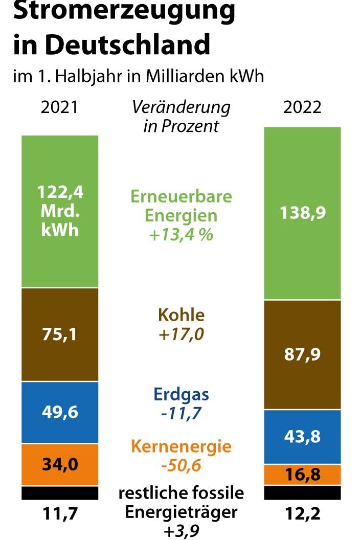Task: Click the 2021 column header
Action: click(60, 108)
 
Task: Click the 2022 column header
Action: click(302, 108)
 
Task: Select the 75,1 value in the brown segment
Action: click(60, 334)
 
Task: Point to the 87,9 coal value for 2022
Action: click(302, 354)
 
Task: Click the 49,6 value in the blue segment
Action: click(60, 412)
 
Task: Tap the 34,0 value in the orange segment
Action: click(60, 464)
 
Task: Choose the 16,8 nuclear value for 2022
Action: click(302, 475)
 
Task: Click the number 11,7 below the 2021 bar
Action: click(60, 513)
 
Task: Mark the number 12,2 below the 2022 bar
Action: click(302, 513)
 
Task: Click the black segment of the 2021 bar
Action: click(60, 493)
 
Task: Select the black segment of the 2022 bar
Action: click(302, 492)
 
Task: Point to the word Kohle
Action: click(181, 315)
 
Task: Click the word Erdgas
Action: click(181, 395)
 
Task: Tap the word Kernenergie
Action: click(181, 446)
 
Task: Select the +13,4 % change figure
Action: click(181, 236)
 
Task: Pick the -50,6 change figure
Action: click(181, 466)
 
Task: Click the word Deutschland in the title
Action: click(128, 44)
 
